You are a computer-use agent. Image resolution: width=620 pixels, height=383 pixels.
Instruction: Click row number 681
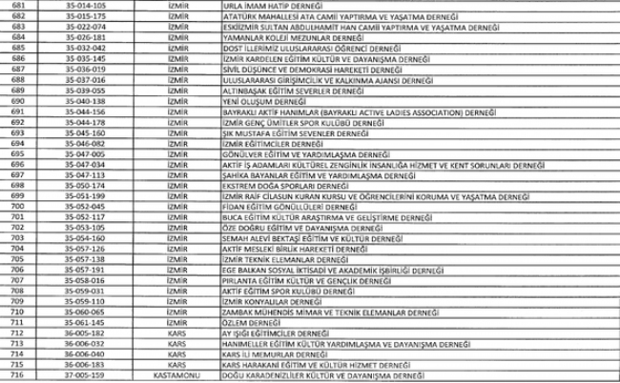(16, 5)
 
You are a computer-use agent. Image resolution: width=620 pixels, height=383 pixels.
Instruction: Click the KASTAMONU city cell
(180, 375)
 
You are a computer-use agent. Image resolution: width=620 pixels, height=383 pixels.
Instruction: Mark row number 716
(16, 375)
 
